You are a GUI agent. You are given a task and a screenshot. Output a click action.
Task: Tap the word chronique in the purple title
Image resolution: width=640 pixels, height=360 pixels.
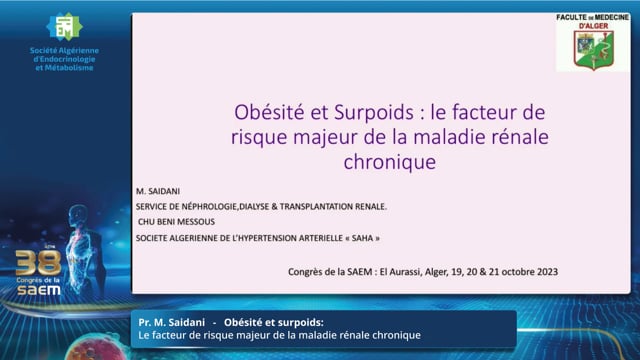pos(390,162)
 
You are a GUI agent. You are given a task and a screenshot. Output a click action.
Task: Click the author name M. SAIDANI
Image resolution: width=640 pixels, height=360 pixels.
pos(158,191)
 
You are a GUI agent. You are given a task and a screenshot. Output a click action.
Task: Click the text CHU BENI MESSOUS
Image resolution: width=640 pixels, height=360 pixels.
pos(176,222)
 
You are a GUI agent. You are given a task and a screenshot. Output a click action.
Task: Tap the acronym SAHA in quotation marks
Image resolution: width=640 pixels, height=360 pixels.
pos(362,238)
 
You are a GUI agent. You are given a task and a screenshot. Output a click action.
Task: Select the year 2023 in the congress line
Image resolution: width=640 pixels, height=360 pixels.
pos(547,272)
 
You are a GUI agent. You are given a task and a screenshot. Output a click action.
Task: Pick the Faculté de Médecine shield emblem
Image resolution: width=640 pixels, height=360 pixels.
pos(593,50)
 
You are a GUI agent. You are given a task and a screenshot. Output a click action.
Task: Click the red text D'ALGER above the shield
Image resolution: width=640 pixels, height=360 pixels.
pos(593,26)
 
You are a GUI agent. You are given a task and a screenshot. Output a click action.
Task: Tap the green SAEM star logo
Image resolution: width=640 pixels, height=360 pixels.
pos(64,27)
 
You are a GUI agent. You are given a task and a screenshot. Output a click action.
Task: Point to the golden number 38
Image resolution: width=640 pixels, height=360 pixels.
pos(38,262)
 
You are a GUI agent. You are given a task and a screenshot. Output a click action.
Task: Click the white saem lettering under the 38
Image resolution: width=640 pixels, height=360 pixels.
pos(39,290)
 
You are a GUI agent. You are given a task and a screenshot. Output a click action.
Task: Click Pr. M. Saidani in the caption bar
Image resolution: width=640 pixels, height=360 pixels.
pos(171,322)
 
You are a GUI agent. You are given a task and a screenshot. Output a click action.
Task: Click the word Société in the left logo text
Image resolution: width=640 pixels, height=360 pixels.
pos(43,51)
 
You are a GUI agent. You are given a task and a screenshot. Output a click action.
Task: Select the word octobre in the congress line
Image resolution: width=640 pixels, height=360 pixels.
pos(519,272)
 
